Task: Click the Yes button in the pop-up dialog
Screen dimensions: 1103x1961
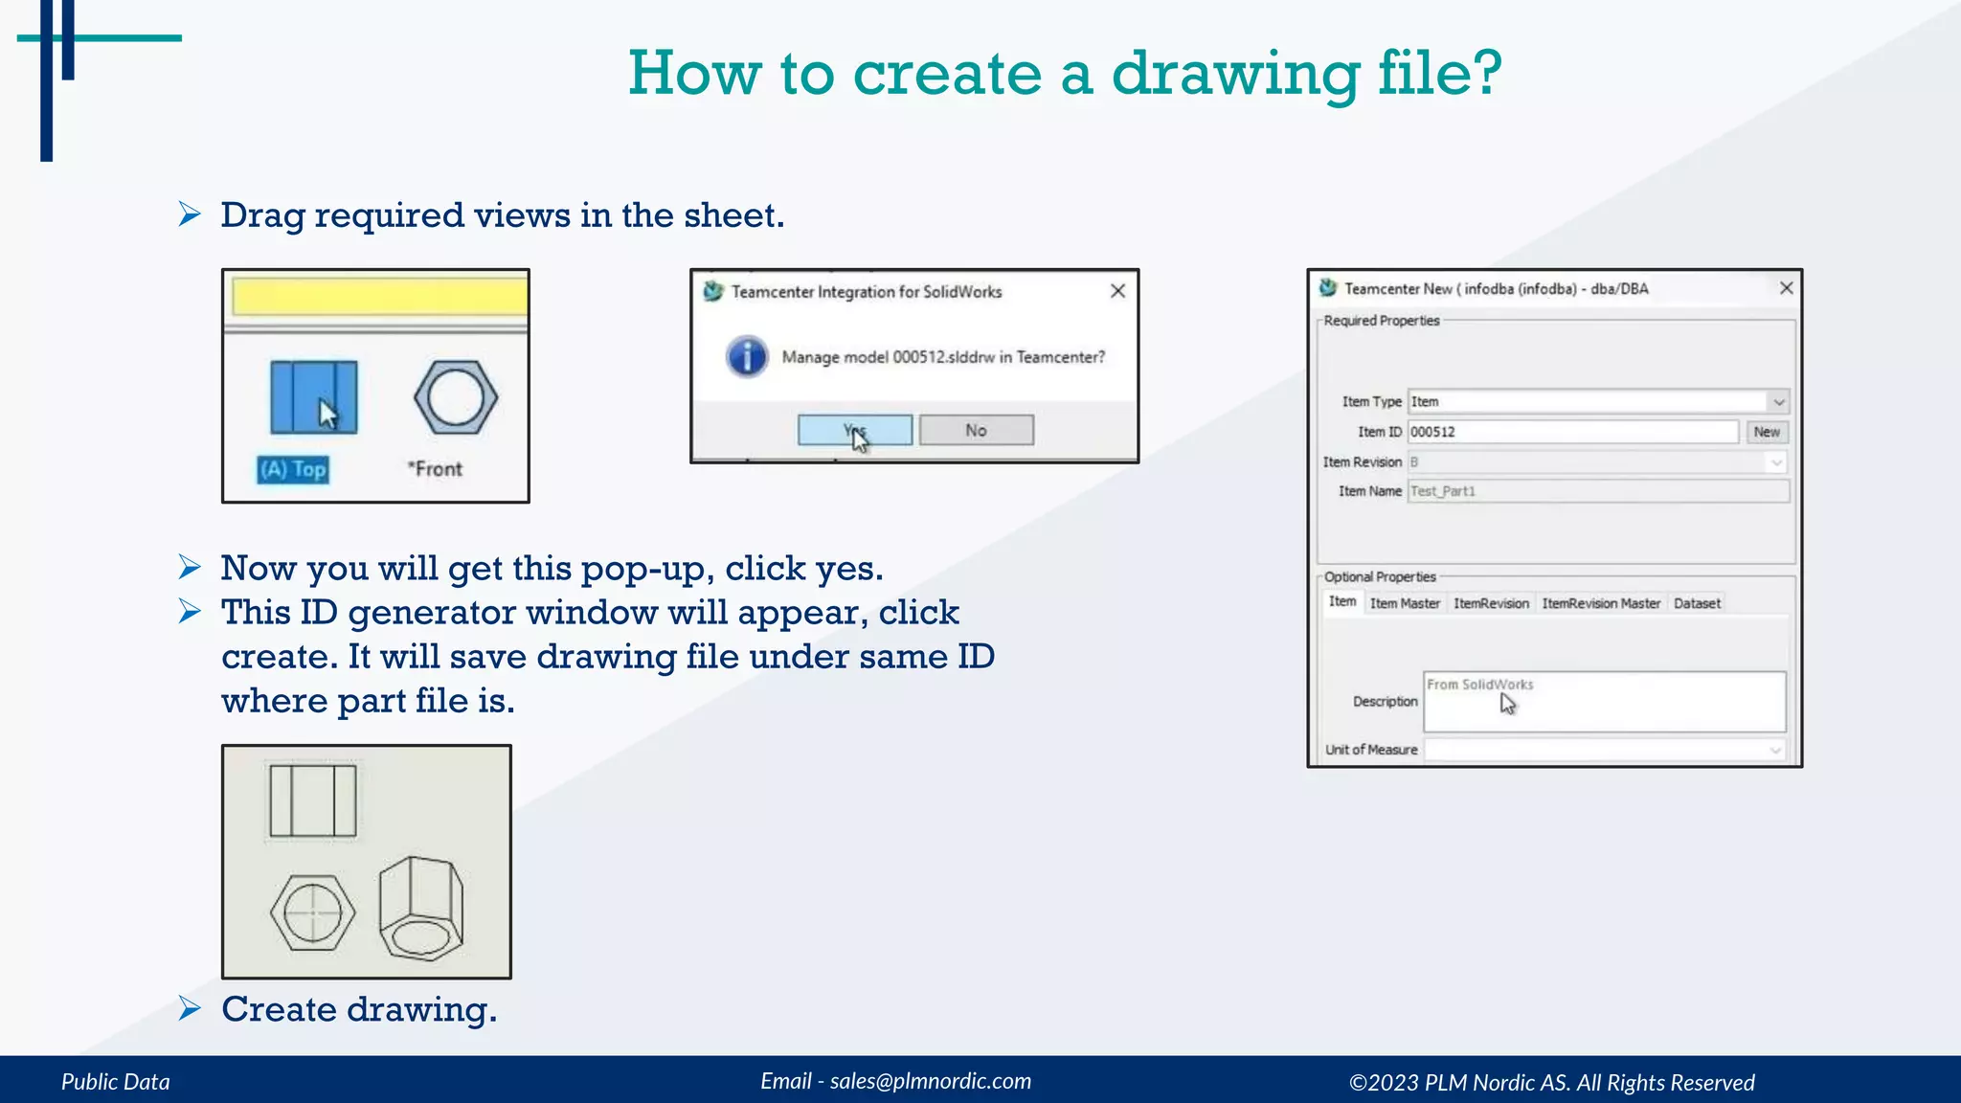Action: pyautogui.click(x=854, y=430)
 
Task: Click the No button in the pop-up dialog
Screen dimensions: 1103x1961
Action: pyautogui.click(x=976, y=430)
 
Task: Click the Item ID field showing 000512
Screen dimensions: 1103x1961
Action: pyautogui.click(x=1572, y=432)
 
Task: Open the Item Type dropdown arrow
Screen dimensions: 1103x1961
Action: pyautogui.click(x=1778, y=402)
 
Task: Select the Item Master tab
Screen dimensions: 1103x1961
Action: pyautogui.click(x=1404, y=603)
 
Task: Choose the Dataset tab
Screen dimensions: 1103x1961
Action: pyautogui.click(x=1697, y=603)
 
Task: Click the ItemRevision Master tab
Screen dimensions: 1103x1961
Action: pyautogui.click(x=1601, y=603)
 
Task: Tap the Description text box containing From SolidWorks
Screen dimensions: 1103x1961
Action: pyautogui.click(x=1604, y=702)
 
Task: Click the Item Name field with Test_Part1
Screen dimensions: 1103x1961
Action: pyautogui.click(x=1597, y=491)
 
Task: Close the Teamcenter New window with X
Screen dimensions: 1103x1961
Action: pyautogui.click(x=1786, y=288)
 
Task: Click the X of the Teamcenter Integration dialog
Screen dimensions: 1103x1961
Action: pyautogui.click(x=1117, y=291)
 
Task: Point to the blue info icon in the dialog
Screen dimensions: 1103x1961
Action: pyautogui.click(x=747, y=357)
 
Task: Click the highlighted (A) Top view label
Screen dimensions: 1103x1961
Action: pyautogui.click(x=293, y=469)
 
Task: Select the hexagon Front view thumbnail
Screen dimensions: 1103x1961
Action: pyautogui.click(x=456, y=397)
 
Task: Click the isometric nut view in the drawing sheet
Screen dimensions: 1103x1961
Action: pyautogui.click(x=421, y=908)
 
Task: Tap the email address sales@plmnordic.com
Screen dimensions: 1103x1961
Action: pyautogui.click(x=930, y=1081)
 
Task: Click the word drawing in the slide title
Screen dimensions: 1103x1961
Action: pyautogui.click(x=1235, y=73)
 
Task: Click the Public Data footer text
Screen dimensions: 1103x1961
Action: pyautogui.click(x=116, y=1082)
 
